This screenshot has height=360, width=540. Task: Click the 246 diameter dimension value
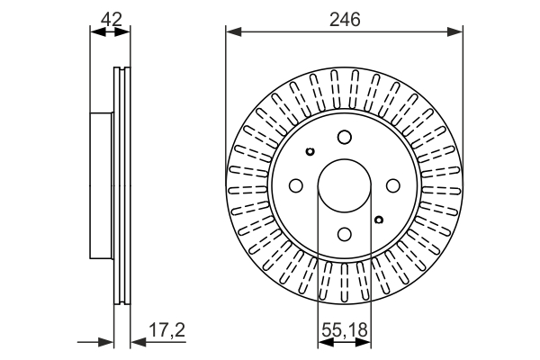pos(345,19)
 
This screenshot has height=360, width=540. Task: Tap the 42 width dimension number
pos(112,19)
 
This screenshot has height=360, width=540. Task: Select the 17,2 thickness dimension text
pos(167,329)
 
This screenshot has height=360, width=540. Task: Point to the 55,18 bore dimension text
pos(345,329)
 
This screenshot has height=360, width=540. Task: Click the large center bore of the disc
pos(345,185)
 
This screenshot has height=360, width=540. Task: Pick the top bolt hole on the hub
pos(345,137)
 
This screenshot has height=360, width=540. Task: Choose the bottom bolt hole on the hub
pos(345,234)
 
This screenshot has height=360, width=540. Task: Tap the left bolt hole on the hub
pos(296,185)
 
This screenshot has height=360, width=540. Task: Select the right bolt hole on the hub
pos(393,185)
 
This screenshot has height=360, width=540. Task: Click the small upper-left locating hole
pos(310,151)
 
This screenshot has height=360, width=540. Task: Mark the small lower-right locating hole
pos(379,220)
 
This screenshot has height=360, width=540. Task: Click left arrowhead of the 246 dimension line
pos(234,32)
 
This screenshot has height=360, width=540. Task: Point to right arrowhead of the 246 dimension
pos(454,32)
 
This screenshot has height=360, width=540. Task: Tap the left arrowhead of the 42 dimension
pos(97,32)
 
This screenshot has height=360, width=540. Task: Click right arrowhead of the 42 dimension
pos(123,32)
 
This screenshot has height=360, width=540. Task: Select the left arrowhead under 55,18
pos(326,342)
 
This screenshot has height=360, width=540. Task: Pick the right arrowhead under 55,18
pos(364,342)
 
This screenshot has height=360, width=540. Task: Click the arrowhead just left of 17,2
pos(139,342)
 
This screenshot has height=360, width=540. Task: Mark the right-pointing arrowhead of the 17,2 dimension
pos(105,342)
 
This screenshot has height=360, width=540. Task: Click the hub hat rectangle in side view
pos(102,185)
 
